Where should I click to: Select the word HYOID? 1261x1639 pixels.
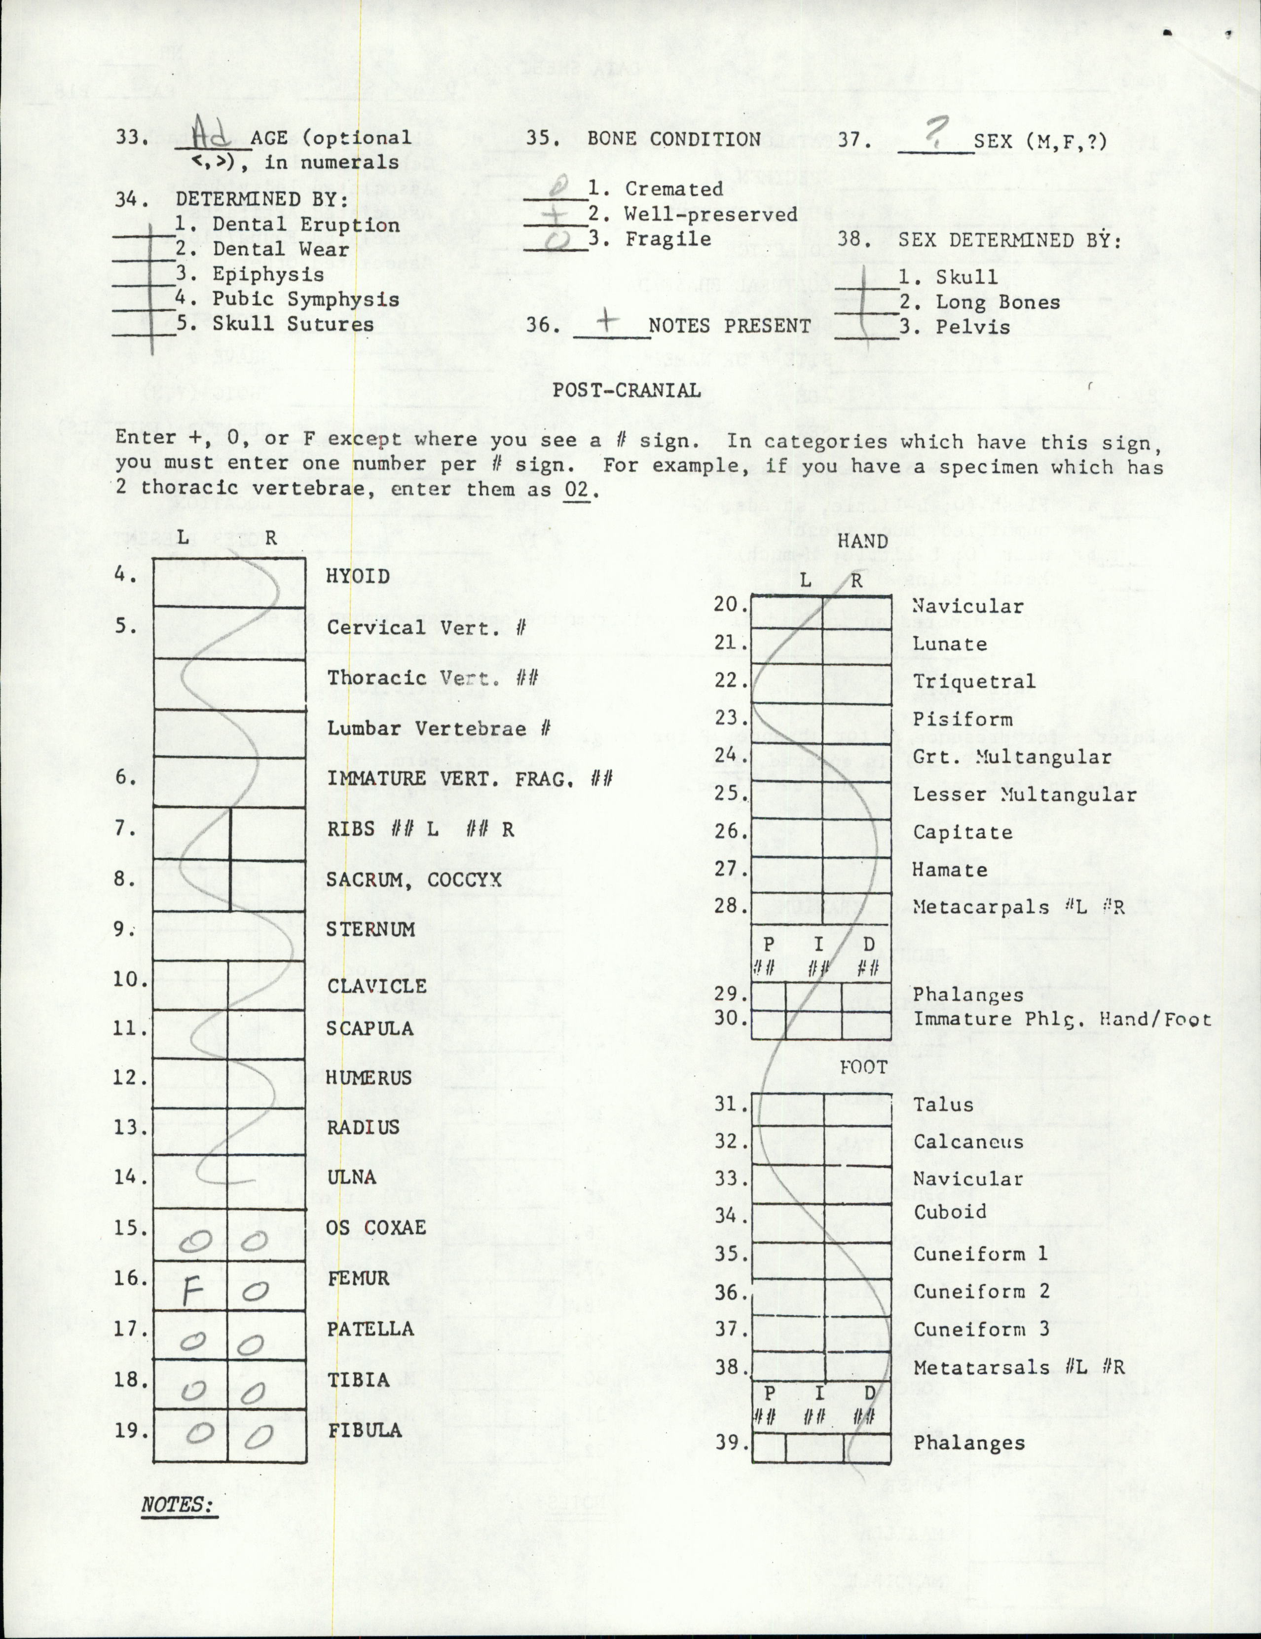point(358,576)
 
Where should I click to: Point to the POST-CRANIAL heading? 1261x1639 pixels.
point(627,390)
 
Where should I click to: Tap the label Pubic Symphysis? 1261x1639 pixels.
point(305,299)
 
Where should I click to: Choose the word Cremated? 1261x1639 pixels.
point(673,189)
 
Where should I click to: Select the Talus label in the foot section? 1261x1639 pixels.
point(943,1105)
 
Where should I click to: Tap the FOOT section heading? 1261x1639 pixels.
point(863,1067)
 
